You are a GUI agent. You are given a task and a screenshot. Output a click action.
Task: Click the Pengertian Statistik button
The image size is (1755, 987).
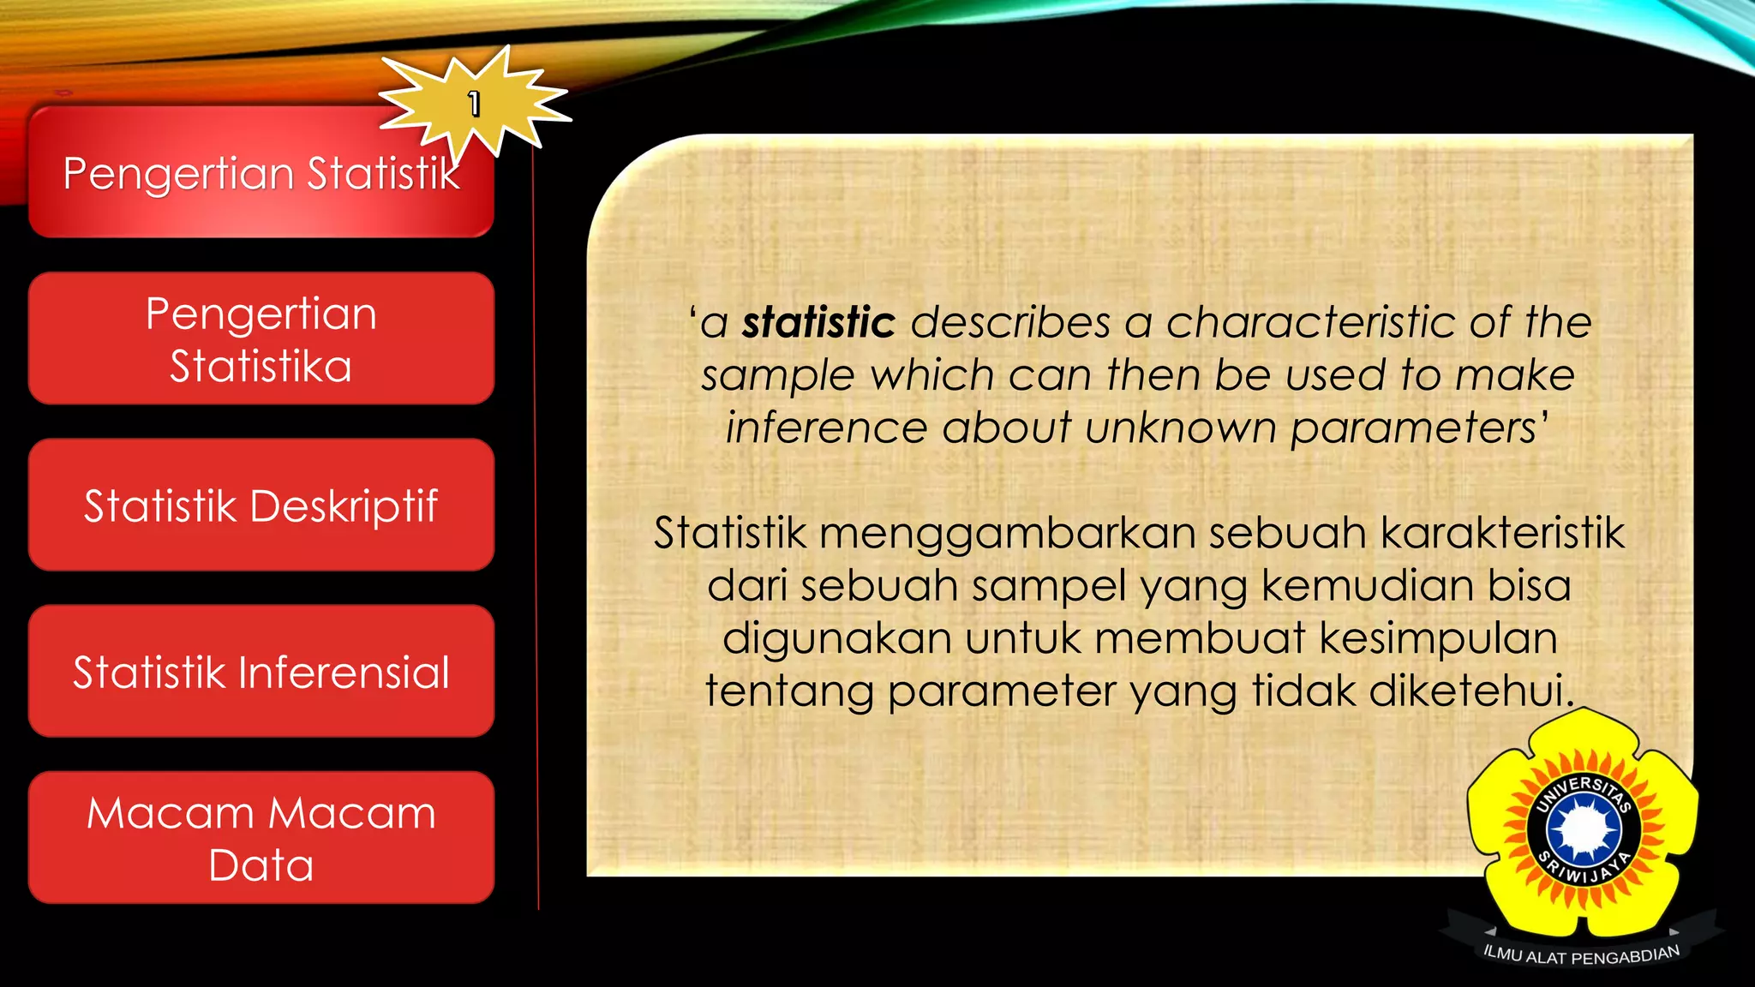click(261, 174)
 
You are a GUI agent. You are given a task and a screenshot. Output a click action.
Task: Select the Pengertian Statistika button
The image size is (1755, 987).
click(261, 338)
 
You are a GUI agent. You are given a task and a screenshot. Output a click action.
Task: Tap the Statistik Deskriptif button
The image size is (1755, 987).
click(261, 505)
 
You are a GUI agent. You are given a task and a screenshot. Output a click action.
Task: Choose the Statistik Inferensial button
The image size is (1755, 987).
click(261, 672)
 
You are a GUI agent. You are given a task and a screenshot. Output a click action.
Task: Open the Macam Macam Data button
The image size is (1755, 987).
click(261, 838)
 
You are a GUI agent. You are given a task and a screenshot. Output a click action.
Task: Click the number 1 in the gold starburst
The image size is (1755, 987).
click(474, 104)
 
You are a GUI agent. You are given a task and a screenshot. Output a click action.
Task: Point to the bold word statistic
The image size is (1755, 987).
click(818, 323)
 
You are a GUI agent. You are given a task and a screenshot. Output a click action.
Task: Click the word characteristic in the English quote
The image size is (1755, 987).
click(1310, 323)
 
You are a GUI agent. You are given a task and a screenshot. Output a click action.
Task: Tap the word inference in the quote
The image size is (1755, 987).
click(826, 428)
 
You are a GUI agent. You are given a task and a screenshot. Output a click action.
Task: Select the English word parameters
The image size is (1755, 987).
click(1413, 428)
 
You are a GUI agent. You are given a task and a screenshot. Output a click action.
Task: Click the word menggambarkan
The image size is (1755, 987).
click(1008, 533)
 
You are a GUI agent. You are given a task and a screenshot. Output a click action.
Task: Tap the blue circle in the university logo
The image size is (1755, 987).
click(1584, 828)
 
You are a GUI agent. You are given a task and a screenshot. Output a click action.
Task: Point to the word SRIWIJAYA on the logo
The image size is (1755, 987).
click(1584, 869)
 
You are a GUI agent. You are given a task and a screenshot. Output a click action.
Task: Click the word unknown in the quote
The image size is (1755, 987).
click(1180, 428)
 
